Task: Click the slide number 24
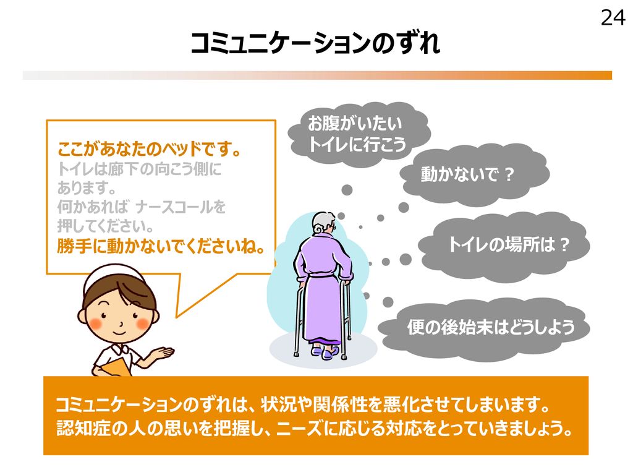click(x=613, y=18)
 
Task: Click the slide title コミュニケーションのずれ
click(x=315, y=43)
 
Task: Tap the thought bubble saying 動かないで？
click(x=474, y=174)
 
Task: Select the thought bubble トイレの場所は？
click(x=504, y=245)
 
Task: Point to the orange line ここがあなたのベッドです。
click(x=150, y=149)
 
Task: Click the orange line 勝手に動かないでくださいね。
click(x=161, y=246)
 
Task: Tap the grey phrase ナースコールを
click(x=181, y=207)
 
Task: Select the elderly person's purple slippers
click(x=325, y=352)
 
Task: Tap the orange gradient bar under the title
click(x=317, y=75)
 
